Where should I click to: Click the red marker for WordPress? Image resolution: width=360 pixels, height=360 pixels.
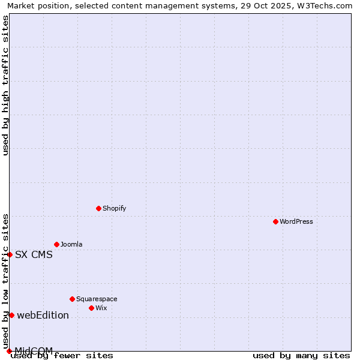[275, 221]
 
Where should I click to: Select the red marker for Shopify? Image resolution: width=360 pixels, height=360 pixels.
[98, 208]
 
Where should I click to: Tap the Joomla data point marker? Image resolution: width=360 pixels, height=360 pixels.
[56, 244]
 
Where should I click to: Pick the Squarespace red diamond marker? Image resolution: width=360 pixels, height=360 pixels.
[72, 299]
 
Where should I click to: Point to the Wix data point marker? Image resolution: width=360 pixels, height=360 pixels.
[91, 308]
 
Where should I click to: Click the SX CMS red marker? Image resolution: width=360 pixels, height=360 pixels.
[10, 254]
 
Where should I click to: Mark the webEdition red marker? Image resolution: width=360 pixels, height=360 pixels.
[11, 315]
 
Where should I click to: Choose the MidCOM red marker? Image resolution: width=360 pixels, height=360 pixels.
[9, 351]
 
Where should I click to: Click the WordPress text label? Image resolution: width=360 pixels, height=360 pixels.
[296, 221]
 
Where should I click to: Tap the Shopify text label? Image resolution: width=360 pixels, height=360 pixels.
[114, 208]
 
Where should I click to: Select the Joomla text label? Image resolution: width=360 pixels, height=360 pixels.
[71, 244]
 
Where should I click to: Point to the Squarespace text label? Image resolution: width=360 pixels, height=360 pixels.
[97, 299]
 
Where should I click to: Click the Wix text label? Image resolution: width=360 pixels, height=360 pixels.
[101, 308]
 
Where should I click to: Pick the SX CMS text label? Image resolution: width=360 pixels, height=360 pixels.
[34, 254]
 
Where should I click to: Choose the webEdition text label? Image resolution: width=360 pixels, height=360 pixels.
[43, 315]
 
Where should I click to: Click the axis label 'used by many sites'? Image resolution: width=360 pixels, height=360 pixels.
[301, 356]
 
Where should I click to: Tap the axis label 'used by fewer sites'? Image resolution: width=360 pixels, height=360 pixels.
[62, 356]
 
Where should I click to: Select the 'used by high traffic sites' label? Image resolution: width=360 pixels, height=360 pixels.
[5, 85]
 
